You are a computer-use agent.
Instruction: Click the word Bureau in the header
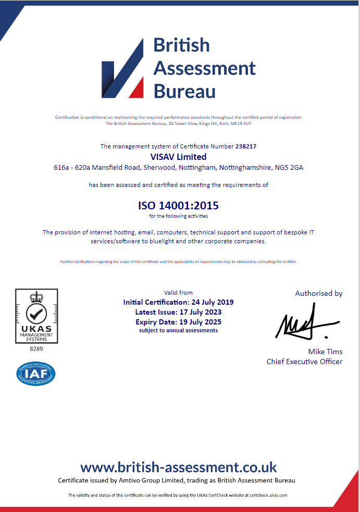pyautogui.click(x=184, y=91)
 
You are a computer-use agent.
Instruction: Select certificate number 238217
pyautogui.click(x=245, y=146)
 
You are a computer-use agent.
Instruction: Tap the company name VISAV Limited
pyautogui.click(x=178, y=157)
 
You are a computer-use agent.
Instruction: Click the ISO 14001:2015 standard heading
pyautogui.click(x=178, y=205)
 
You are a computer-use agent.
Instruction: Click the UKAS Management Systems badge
pyautogui.click(x=36, y=316)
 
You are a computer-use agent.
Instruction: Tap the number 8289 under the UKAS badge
pyautogui.click(x=36, y=348)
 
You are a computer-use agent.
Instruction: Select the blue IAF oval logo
pyautogui.click(x=36, y=373)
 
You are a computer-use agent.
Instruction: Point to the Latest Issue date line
pyautogui.click(x=178, y=312)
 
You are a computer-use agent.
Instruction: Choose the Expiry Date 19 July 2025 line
pyautogui.click(x=178, y=322)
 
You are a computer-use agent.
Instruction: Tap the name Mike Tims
pyautogui.click(x=325, y=352)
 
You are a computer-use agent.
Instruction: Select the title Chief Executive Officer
pyautogui.click(x=304, y=361)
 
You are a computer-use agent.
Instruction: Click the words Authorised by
pyautogui.click(x=319, y=293)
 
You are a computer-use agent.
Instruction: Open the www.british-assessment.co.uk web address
pyautogui.click(x=178, y=467)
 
